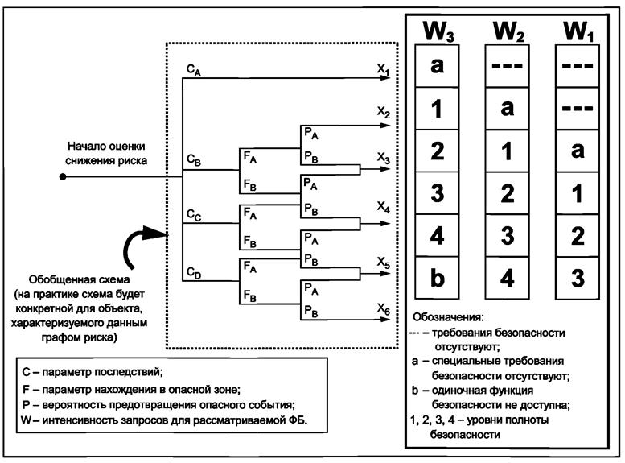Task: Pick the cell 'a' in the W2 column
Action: coord(507,109)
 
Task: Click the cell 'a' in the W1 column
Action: coord(577,151)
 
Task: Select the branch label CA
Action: coord(193,72)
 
